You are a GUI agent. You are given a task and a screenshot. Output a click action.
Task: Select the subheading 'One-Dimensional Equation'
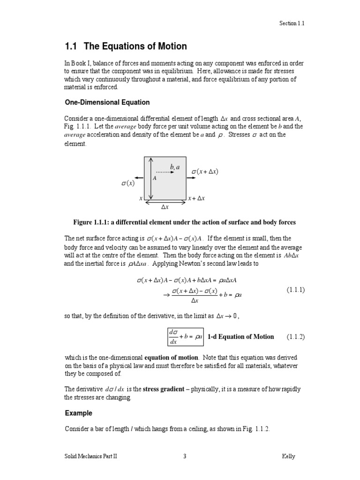(x=107, y=102)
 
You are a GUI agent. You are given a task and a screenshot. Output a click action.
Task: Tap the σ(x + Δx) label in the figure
(x=205, y=172)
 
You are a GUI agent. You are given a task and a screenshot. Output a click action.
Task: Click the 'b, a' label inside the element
(x=175, y=167)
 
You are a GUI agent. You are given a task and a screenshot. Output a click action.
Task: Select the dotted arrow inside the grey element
(x=165, y=172)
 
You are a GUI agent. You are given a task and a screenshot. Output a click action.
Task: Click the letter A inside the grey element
(x=155, y=179)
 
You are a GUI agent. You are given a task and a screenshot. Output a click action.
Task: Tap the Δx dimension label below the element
(x=165, y=207)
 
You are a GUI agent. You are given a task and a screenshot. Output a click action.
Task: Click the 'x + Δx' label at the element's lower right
(x=196, y=199)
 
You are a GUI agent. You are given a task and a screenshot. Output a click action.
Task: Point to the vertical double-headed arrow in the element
(x=150, y=178)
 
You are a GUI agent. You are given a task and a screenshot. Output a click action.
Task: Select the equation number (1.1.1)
(x=295, y=290)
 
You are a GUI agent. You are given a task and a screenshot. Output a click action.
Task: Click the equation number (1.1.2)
(x=295, y=337)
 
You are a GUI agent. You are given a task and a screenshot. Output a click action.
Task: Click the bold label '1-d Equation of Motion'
(x=240, y=337)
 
